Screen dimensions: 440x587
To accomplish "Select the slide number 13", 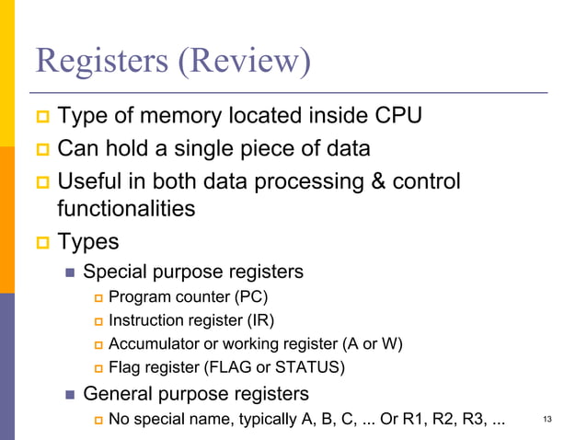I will (x=548, y=421).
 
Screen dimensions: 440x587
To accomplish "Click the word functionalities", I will (x=126, y=208).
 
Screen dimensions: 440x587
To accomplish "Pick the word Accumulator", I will (x=153, y=344).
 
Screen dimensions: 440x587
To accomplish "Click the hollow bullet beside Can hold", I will (x=42, y=149).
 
